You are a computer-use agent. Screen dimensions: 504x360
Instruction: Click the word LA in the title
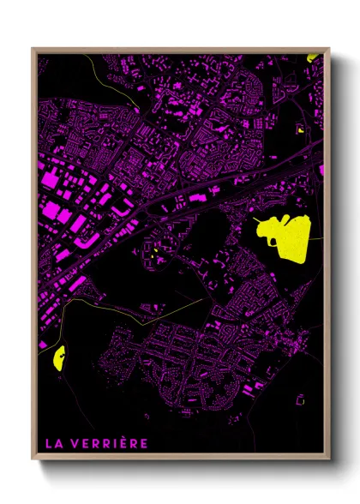point(52,444)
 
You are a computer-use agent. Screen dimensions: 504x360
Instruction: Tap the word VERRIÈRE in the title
point(109,444)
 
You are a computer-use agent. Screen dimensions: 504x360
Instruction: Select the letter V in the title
point(75,444)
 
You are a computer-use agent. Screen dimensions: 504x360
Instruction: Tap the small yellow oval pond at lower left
point(59,357)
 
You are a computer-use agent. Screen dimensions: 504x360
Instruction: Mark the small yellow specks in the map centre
point(151,255)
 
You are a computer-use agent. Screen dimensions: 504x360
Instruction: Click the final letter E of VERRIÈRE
point(145,444)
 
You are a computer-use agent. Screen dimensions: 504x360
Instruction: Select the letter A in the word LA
point(57,444)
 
